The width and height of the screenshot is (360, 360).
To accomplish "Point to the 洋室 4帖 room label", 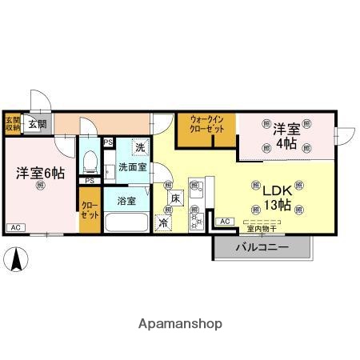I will pyautogui.click(x=287, y=136).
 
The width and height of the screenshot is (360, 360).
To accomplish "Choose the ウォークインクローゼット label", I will pyautogui.click(x=206, y=124).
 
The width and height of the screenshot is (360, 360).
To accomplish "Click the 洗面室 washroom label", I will pyautogui.click(x=132, y=168).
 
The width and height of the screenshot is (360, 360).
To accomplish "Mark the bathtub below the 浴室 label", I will pyautogui.click(x=126, y=221).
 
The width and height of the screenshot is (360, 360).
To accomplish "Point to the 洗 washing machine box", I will pyautogui.click(x=139, y=148).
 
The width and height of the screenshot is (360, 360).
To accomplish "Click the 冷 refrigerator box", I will pyautogui.click(x=164, y=222).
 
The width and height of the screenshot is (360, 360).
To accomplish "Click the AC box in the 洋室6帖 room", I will pyautogui.click(x=15, y=228).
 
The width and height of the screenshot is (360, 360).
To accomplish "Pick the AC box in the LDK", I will pyautogui.click(x=225, y=221).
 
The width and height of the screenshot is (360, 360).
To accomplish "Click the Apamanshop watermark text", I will pyautogui.click(x=180, y=324).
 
